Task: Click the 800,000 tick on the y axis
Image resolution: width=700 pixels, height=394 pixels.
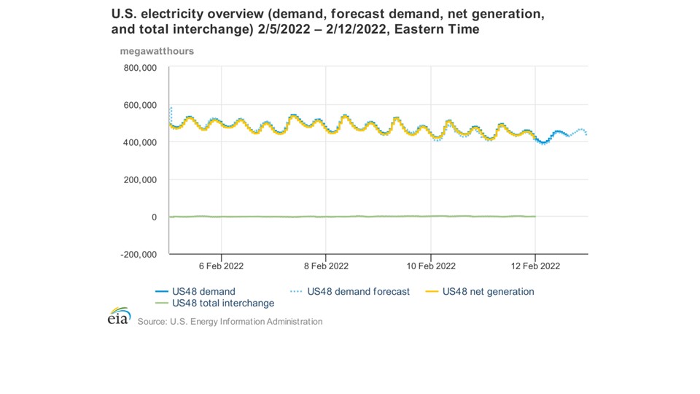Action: [140, 68]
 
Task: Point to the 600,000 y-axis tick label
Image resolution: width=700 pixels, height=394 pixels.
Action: [140, 105]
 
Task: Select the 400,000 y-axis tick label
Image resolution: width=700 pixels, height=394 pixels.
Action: [140, 142]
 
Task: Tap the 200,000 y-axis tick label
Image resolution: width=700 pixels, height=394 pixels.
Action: [140, 179]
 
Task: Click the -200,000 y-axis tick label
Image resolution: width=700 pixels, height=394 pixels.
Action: [139, 255]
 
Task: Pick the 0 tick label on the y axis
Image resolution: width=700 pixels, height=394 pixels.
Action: [153, 217]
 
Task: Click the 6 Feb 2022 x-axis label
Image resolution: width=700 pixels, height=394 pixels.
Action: [220, 266]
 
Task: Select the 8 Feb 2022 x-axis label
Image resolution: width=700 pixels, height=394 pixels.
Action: [325, 266]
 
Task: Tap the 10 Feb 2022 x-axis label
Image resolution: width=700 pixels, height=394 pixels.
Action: [430, 266]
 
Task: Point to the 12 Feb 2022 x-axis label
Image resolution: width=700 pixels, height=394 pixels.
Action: [535, 266]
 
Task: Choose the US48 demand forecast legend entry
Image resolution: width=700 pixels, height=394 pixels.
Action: [358, 292]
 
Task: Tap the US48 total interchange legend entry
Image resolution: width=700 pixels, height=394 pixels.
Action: [222, 303]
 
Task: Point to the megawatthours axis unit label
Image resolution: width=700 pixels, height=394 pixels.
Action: [157, 51]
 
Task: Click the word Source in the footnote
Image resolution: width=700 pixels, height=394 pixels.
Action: [152, 322]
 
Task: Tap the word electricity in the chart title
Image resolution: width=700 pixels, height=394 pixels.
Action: [165, 14]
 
